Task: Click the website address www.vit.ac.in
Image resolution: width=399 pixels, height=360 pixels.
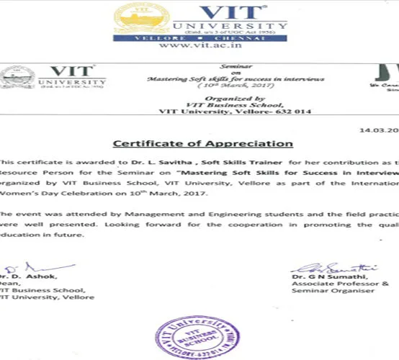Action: click(199, 45)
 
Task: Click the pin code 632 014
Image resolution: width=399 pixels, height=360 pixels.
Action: click(284, 112)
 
